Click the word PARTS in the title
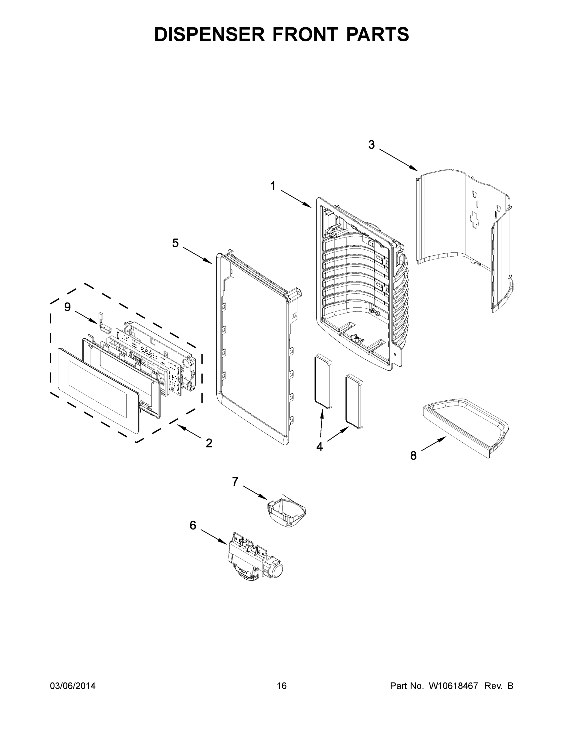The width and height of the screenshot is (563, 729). click(377, 34)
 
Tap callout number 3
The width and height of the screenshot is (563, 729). click(371, 145)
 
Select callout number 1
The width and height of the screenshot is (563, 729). click(273, 186)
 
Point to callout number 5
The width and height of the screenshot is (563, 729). click(175, 243)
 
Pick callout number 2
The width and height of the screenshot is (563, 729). click(209, 443)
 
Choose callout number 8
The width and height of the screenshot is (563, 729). click(413, 455)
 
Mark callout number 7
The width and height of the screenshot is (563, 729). click(235, 482)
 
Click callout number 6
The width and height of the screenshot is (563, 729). click(193, 525)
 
